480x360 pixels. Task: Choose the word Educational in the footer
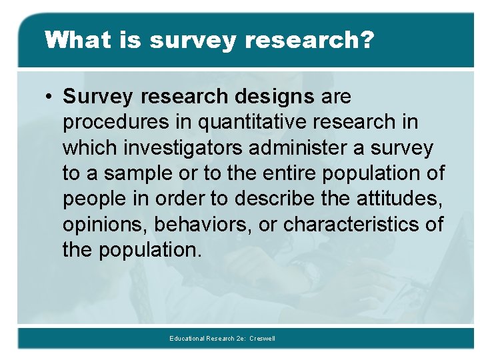pyautogui.click(x=186, y=339)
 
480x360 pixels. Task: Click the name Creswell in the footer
pyautogui.click(x=262, y=339)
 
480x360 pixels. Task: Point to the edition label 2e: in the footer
pyautogui.click(x=240, y=339)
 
